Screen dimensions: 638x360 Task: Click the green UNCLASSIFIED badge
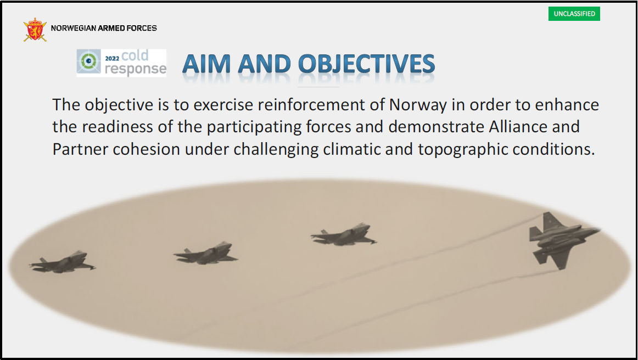click(574, 13)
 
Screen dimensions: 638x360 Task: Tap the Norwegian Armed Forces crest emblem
click(35, 29)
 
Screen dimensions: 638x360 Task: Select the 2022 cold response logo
click(121, 63)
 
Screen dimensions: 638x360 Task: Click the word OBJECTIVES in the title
click(367, 64)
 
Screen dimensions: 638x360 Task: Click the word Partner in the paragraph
click(80, 149)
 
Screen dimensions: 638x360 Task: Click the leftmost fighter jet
click(62, 262)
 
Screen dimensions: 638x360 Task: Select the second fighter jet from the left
click(206, 253)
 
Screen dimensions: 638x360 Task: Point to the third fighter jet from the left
click(344, 234)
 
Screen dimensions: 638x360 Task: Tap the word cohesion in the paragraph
click(146, 149)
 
